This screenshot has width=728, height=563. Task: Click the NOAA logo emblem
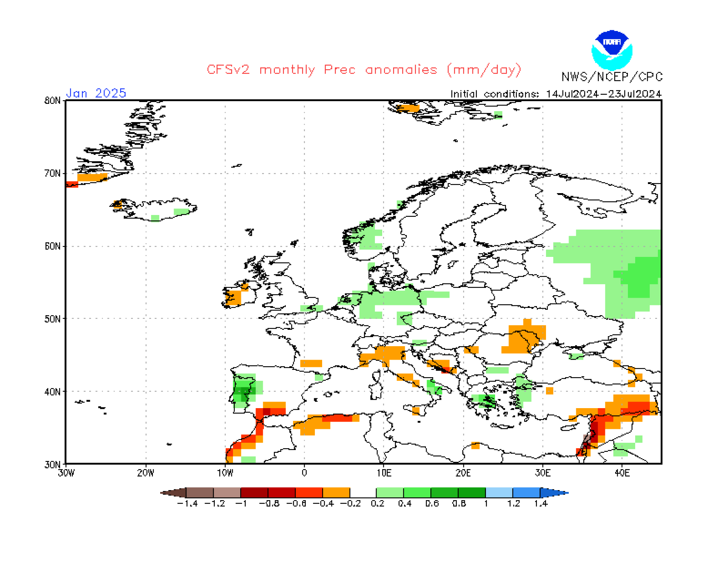click(612, 50)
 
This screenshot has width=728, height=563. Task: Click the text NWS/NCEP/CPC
click(612, 77)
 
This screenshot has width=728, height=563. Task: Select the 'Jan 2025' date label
click(96, 93)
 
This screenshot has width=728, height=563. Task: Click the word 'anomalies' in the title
click(401, 70)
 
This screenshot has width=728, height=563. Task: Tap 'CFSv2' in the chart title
click(228, 70)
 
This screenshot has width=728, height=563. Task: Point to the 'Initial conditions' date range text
click(556, 94)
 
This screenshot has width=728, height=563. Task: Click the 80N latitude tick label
click(52, 101)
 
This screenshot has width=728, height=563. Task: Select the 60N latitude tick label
click(52, 246)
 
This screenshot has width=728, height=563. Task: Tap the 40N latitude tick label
click(52, 392)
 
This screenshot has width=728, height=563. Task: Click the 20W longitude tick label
click(146, 473)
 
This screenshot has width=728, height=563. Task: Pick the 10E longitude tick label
click(384, 473)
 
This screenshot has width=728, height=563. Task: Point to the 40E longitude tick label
click(622, 473)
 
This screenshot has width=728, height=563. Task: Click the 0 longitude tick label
click(304, 473)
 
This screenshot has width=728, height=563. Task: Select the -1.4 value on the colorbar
click(187, 504)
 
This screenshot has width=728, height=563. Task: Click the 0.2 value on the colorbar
click(377, 504)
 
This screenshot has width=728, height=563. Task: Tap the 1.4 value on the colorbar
click(541, 504)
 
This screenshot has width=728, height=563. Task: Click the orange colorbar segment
click(336, 493)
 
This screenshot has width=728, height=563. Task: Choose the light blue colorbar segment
click(499, 493)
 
